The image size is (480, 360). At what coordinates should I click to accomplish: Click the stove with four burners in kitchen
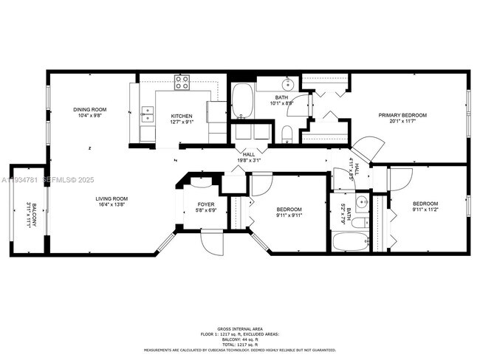coord(182,82)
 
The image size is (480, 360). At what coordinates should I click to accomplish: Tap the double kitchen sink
coord(148,114)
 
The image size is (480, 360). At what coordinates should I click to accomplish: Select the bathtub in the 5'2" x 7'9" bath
coord(349,243)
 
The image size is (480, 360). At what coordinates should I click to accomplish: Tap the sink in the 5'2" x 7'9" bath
coord(361,201)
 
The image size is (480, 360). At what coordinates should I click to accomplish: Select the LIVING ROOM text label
coord(112,198)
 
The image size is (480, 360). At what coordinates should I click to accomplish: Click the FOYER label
coord(206,204)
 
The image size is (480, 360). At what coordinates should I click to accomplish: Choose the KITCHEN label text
coord(182,117)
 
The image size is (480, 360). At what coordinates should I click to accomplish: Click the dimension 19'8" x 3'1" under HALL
coord(249,160)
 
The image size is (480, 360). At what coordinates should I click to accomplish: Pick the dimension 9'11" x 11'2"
coord(425,210)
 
